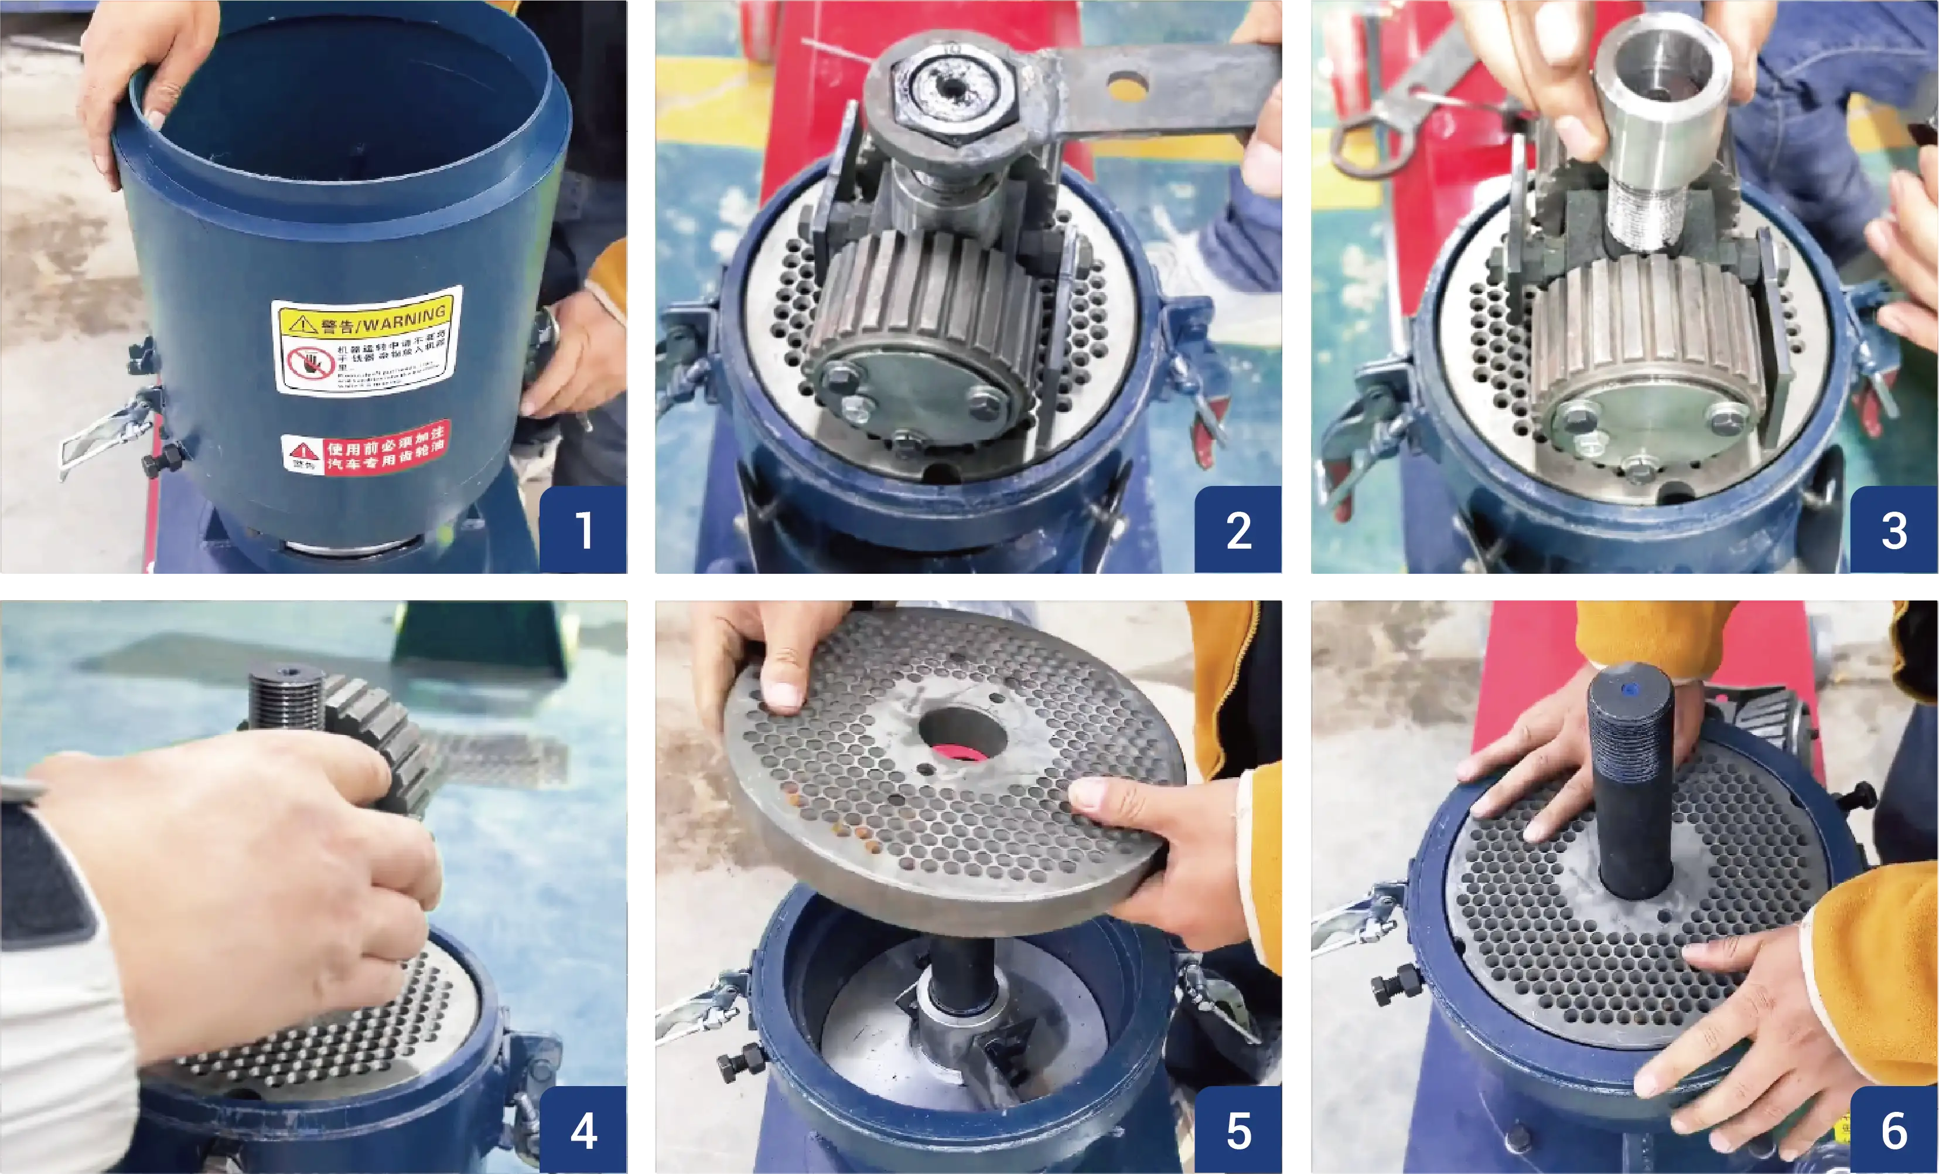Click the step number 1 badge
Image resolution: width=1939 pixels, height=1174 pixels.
click(x=583, y=529)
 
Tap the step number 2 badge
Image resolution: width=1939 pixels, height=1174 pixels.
click(x=1238, y=529)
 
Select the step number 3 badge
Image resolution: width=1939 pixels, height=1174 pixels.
click(x=1894, y=529)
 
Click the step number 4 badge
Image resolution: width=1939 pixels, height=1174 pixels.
click(x=583, y=1131)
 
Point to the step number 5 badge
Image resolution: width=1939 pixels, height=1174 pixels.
click(x=1238, y=1131)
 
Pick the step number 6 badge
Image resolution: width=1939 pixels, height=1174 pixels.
click(x=1894, y=1131)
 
